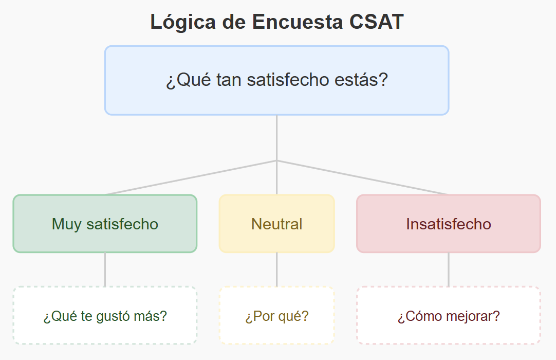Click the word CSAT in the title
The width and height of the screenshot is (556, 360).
[377, 22]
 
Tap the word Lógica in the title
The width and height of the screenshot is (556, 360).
[183, 22]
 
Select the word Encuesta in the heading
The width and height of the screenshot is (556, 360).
[298, 22]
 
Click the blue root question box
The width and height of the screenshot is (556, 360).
[277, 80]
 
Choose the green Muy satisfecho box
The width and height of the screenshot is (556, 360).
[105, 224]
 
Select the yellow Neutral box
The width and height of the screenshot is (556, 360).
[277, 224]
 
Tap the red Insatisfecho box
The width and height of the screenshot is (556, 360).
[449, 224]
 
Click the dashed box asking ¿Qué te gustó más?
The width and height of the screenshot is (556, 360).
[105, 315]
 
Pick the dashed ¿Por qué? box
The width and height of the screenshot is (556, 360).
[277, 315]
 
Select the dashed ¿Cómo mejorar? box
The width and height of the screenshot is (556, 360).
[449, 315]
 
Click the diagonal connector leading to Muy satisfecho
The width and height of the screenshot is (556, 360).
[191, 177]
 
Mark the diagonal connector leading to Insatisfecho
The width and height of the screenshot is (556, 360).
[363, 177]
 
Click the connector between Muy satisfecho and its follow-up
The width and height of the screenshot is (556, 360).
[105, 269]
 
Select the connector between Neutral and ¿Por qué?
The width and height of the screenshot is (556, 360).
[277, 269]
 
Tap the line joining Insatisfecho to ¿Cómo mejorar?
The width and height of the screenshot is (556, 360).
[449, 269]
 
